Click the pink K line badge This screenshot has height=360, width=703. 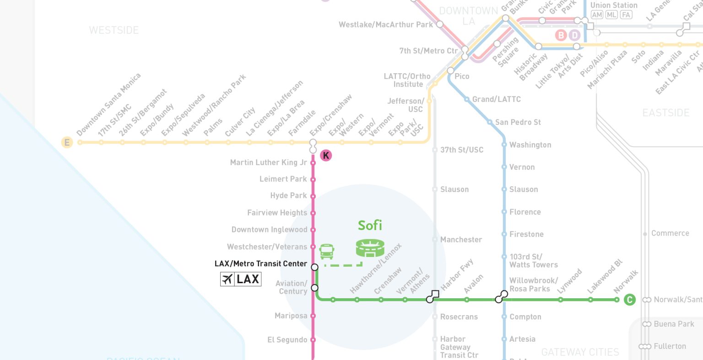[326, 156]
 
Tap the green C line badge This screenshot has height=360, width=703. [630, 300]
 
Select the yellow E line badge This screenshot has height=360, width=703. [67, 142]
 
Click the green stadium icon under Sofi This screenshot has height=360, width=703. [370, 248]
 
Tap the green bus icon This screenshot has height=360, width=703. [327, 251]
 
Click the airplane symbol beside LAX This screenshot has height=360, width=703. [227, 279]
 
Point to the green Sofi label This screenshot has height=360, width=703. [370, 226]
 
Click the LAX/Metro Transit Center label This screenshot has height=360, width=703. [260, 263]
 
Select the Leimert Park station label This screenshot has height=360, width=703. [283, 179]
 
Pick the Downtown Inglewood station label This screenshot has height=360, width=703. [269, 230]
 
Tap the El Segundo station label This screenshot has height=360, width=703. [287, 340]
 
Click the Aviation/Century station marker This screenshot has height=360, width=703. [314, 288]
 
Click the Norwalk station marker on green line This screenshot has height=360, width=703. [616, 300]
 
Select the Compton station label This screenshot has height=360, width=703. [525, 317]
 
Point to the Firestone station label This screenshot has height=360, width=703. [526, 234]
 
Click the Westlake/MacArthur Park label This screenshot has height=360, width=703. [385, 25]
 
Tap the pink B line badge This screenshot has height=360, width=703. [561, 35]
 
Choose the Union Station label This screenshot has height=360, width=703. [613, 5]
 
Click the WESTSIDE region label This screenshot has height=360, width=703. [114, 30]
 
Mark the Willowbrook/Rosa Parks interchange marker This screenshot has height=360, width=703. [501, 297]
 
